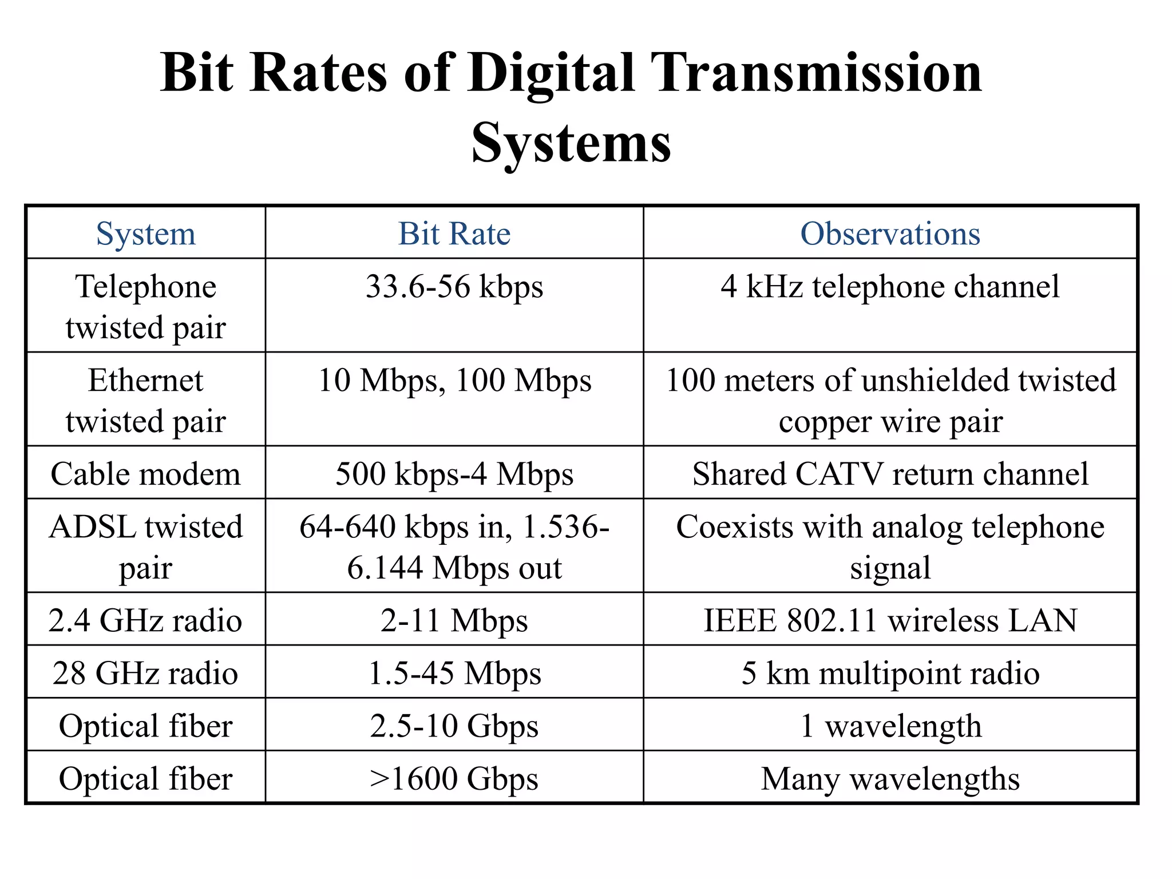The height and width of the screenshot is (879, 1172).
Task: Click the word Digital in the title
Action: (x=551, y=73)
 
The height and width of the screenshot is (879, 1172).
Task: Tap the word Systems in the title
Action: (x=571, y=143)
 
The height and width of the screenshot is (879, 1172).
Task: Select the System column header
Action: (x=146, y=233)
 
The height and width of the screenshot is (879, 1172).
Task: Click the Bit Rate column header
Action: (x=454, y=233)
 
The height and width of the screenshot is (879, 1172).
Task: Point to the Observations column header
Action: (x=890, y=233)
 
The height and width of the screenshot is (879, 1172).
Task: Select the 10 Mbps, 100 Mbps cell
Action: (x=454, y=380)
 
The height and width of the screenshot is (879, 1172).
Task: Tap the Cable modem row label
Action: (x=146, y=474)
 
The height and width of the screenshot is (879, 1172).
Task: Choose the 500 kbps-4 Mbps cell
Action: (x=454, y=474)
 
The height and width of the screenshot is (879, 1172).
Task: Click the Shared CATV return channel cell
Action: (x=890, y=474)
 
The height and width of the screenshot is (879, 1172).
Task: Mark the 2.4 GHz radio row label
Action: (x=146, y=620)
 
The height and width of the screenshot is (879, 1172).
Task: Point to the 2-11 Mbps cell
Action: (x=454, y=620)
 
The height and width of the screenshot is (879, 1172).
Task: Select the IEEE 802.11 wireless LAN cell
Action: (x=890, y=620)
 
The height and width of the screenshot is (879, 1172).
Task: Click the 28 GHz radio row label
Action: (x=146, y=673)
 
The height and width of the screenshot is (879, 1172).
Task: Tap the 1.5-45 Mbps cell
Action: (x=454, y=673)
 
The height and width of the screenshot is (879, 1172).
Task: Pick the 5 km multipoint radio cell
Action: (x=890, y=673)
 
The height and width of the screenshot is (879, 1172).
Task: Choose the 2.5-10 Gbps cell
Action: (x=454, y=726)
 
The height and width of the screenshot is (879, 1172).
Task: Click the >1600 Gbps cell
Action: (x=454, y=778)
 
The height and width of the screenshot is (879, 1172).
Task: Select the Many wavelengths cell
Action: (x=890, y=778)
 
